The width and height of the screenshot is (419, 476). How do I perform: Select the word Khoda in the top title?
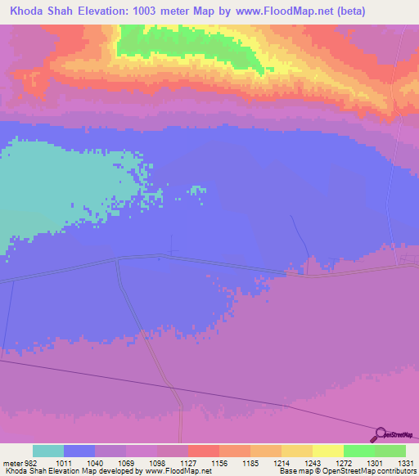[x=28, y=11]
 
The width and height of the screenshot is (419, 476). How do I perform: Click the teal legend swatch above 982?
[x=48, y=451]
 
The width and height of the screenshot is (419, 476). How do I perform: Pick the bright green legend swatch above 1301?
[x=359, y=451]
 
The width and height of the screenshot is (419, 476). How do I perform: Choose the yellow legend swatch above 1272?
[x=328, y=451]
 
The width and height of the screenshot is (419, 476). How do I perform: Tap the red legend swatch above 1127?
[x=204, y=451]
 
